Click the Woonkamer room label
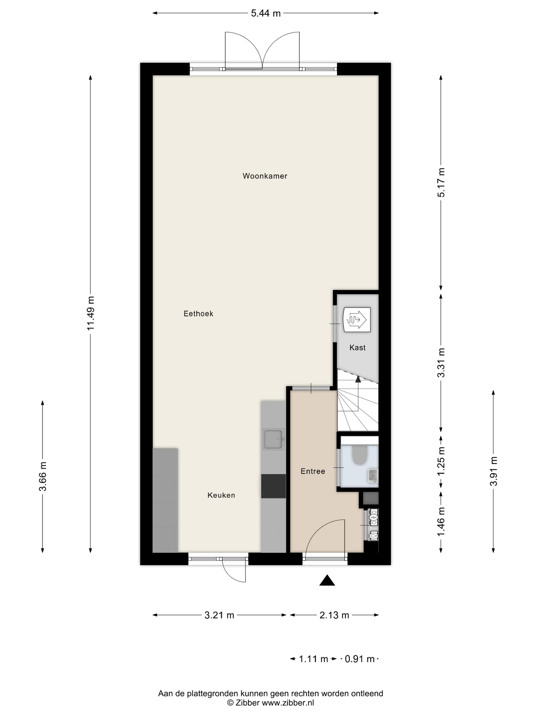(265, 176)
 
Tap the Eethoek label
(198, 314)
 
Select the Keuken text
(221, 495)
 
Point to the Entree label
(313, 471)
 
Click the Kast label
(358, 348)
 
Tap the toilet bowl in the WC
(360, 455)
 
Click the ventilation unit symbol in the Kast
(357, 320)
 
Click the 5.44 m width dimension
(266, 13)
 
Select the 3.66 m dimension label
(43, 476)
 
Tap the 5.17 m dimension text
(441, 182)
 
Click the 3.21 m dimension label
(219, 615)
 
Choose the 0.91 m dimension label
(360, 659)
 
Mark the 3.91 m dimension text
(493, 471)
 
